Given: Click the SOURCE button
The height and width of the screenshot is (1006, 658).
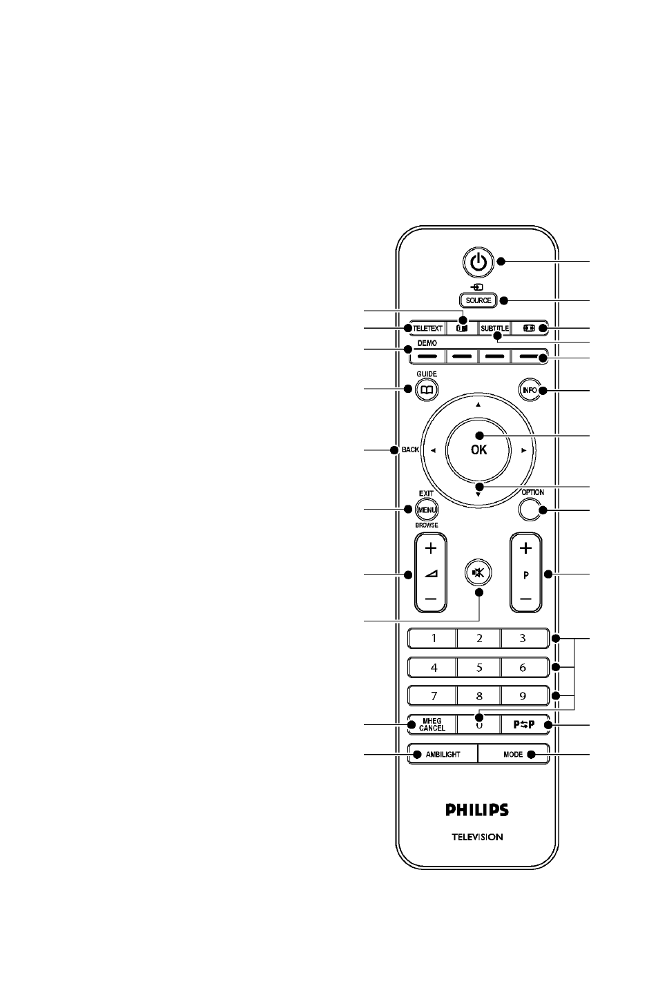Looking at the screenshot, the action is point(478,300).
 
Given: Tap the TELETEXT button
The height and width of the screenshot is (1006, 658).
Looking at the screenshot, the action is point(427,328).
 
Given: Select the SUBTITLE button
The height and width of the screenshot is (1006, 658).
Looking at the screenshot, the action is point(494,328).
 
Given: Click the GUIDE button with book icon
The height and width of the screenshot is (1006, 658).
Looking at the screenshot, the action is point(426,390).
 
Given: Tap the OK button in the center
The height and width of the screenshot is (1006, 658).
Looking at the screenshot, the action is point(478,449).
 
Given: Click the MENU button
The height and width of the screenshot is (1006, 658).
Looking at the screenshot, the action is point(426,510).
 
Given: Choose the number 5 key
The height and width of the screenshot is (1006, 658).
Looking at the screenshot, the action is point(478,668).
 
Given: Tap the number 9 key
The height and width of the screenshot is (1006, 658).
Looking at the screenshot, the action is point(523,696).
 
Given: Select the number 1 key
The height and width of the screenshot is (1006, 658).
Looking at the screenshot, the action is point(432,638).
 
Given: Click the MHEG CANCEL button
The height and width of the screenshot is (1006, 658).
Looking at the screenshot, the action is point(432,724).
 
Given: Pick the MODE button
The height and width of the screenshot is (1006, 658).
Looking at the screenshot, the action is point(514,754).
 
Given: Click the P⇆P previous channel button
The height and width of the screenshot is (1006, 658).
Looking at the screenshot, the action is point(524,724).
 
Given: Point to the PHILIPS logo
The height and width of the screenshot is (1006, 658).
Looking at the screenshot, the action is point(477,810).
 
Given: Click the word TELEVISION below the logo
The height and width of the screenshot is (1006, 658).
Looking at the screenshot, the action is point(477,837).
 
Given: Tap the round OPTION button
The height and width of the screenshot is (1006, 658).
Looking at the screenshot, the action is point(530,510).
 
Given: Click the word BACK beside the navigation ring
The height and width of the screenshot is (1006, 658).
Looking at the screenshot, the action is point(410,449).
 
